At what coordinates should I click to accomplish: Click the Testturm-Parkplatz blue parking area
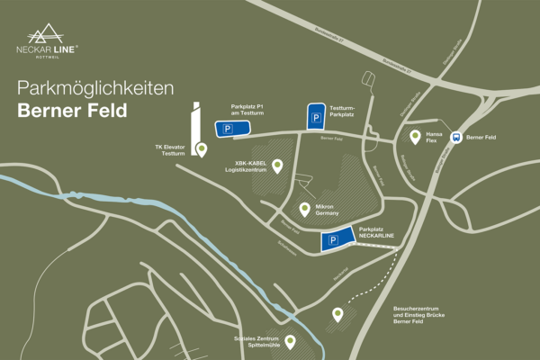tap(316, 117)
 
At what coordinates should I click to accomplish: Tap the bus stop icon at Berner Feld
tap(456, 138)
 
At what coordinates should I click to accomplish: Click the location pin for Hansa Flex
tap(415, 136)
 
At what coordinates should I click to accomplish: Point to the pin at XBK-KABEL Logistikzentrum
tap(277, 166)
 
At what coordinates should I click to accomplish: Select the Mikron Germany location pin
tap(306, 209)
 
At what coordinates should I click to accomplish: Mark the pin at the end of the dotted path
tap(337, 314)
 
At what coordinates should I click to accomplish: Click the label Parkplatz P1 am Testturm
tap(248, 108)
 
